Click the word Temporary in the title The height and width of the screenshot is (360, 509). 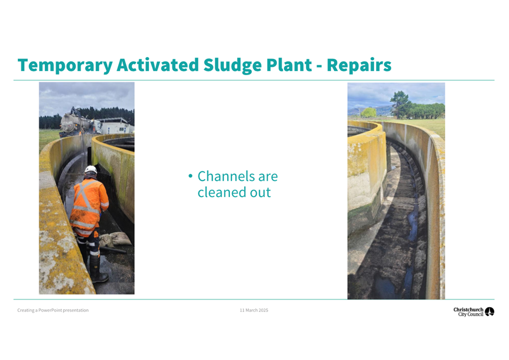click(65, 66)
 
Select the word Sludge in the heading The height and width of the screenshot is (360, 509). click(232, 66)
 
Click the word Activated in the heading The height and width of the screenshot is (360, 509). click(157, 65)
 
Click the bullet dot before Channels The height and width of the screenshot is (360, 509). click(191, 176)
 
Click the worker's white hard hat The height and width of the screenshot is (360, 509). click(90, 169)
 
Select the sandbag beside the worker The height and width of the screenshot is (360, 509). click(119, 239)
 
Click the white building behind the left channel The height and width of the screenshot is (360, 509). click(115, 126)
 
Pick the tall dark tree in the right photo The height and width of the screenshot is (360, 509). click(401, 104)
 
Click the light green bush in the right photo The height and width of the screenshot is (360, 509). click(368, 113)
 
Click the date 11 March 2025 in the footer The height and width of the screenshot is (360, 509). click(254, 310)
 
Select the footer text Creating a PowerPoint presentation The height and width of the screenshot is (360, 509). click(53, 310)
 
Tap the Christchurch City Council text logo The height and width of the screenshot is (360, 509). click(468, 312)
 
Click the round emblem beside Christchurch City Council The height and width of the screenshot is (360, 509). click(489, 312)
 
